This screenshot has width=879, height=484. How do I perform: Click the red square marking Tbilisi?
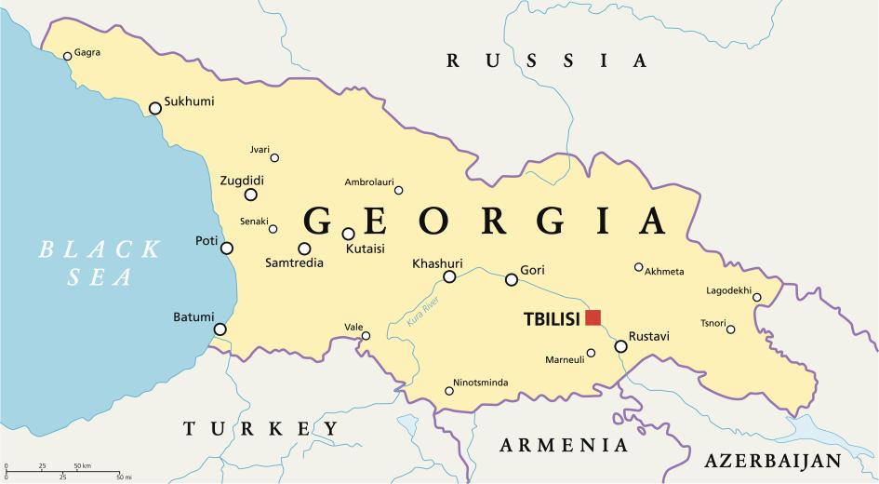593,317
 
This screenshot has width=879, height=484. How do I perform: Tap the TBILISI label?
552,318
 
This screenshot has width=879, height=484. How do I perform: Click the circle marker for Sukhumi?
155,108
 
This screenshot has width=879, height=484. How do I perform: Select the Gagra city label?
87,52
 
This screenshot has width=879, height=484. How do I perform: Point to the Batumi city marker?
220,329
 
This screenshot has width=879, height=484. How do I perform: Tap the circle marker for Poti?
227,248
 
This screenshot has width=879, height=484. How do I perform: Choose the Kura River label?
421,312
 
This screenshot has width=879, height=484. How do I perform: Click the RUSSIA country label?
546,61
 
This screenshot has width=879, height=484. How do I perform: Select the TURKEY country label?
260,429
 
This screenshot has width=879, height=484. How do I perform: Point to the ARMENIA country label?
564,445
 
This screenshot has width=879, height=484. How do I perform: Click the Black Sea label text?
99,262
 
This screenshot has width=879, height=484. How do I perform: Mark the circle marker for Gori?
512,279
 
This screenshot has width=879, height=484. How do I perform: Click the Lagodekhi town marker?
757,298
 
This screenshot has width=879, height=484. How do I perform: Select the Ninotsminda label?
482,382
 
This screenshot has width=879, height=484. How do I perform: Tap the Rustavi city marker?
620,346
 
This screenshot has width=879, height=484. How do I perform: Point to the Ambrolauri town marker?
399,191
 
